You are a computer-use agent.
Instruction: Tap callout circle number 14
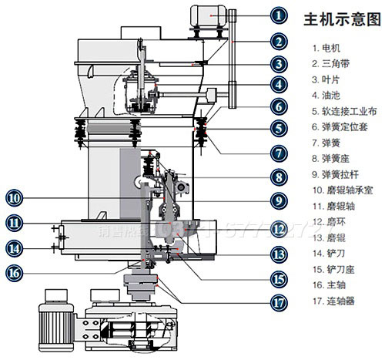[15, 247]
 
